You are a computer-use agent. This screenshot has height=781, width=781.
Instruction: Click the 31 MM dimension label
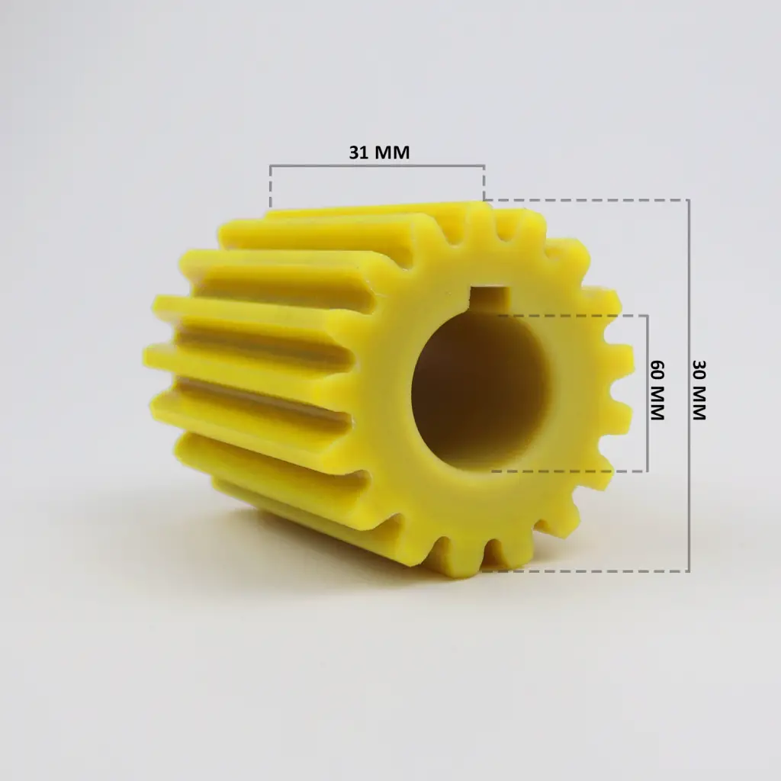[379, 152]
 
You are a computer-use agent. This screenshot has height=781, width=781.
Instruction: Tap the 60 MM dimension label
[657, 390]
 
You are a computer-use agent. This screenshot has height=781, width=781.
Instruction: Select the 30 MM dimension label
[699, 390]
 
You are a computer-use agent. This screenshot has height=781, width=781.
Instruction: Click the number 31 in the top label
[357, 152]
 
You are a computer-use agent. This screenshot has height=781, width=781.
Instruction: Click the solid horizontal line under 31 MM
[377, 166]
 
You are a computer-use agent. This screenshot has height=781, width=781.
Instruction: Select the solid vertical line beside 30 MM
[689, 385]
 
